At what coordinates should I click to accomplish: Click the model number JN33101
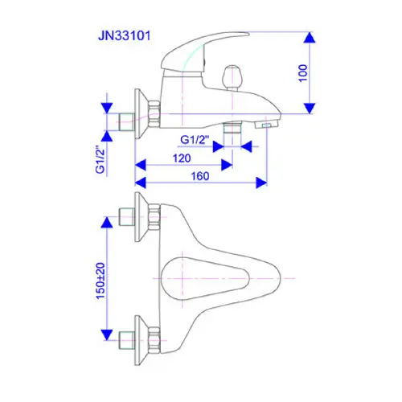pyautogui.click(x=124, y=36)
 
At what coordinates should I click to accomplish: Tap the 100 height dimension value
pyautogui.click(x=303, y=73)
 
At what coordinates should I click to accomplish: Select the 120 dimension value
pyautogui.click(x=182, y=158)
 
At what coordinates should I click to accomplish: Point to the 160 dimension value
pyautogui.click(x=200, y=176)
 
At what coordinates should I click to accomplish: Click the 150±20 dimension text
pyautogui.click(x=100, y=281)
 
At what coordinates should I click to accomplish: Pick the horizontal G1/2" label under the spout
pyautogui.click(x=195, y=140)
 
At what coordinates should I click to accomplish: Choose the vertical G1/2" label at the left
pyautogui.click(x=100, y=160)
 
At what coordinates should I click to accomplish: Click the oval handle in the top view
pyautogui.click(x=206, y=279)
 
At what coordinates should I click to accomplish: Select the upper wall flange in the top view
pyautogui.click(x=142, y=217)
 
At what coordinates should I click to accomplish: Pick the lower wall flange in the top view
pyautogui.click(x=142, y=340)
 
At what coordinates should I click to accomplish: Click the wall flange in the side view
pyautogui.click(x=142, y=114)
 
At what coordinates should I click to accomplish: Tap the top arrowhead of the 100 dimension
pyautogui.click(x=310, y=38)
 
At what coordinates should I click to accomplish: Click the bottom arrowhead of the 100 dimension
pyautogui.click(x=310, y=109)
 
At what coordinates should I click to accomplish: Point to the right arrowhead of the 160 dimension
pyautogui.click(x=261, y=183)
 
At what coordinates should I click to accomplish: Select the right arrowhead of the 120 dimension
pyautogui.click(x=227, y=165)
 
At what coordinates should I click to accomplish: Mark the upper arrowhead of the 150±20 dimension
pyautogui.click(x=107, y=223)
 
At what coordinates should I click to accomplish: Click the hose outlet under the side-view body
pyautogui.click(x=232, y=127)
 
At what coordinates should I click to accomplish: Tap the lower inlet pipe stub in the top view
pyautogui.click(x=126, y=340)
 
